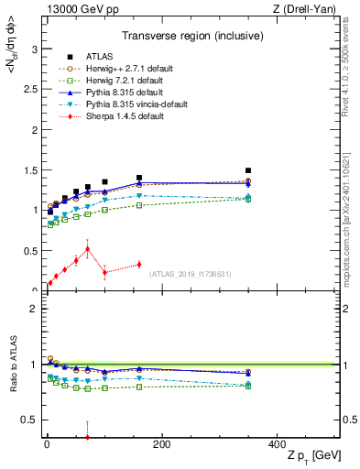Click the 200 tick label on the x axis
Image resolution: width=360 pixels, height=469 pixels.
[x=161, y=446]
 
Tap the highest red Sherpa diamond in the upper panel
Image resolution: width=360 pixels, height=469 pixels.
[x=87, y=248]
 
